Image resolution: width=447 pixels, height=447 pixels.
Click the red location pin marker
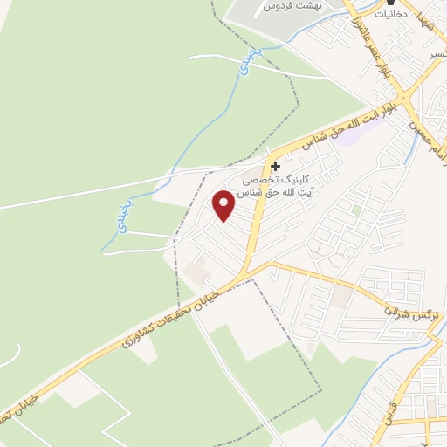pos(224,205)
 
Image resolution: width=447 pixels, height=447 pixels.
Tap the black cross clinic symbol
pos(276,166)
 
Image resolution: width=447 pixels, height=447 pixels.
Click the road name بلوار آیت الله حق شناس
pos(345,126)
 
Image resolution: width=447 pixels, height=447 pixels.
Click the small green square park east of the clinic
pos(356,210)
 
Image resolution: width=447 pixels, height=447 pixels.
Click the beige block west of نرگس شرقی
pos(341,298)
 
